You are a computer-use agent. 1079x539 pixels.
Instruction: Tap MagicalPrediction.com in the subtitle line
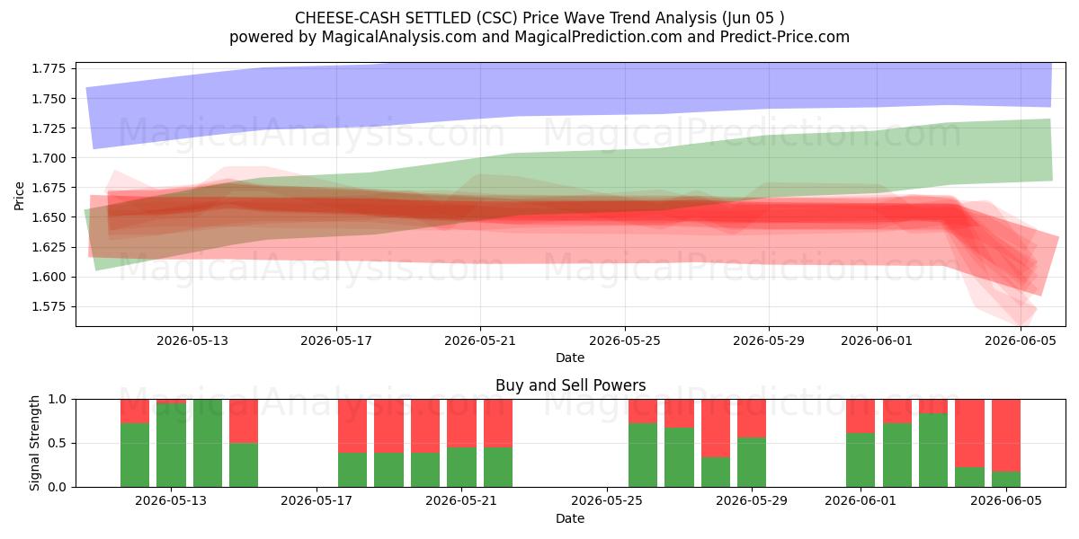(598, 37)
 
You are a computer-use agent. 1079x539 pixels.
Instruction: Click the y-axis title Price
(19, 196)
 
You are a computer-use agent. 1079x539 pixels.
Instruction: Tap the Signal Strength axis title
(34, 443)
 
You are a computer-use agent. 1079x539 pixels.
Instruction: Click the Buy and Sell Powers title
(570, 385)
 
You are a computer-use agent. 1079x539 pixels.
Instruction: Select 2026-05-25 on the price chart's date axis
(625, 340)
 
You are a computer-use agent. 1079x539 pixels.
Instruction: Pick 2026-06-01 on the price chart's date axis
(877, 340)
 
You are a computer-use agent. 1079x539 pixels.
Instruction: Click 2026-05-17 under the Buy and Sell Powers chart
(317, 501)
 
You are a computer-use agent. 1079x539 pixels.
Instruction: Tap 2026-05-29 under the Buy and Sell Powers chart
(752, 501)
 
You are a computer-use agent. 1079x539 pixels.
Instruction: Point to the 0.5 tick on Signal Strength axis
(58, 443)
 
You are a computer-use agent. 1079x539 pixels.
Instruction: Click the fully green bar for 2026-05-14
(208, 443)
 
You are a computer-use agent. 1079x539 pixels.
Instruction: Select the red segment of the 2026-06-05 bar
(1006, 436)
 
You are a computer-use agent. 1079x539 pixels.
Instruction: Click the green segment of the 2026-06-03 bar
(933, 450)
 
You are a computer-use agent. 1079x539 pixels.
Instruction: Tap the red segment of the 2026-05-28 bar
(716, 429)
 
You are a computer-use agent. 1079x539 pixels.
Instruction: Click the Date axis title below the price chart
(570, 358)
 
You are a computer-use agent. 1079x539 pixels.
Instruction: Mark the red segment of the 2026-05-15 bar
(244, 421)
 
